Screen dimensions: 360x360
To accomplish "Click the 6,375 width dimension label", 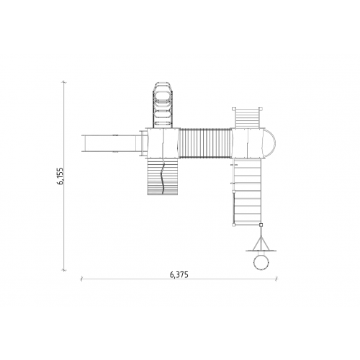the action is click(x=179, y=274).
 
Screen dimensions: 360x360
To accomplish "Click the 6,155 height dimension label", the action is click(x=60, y=176).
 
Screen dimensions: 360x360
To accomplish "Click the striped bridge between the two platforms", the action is click(x=205, y=143).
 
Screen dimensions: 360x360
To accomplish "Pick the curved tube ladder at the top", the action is click(x=163, y=105).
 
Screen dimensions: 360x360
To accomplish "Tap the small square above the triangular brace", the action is click(x=261, y=225).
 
